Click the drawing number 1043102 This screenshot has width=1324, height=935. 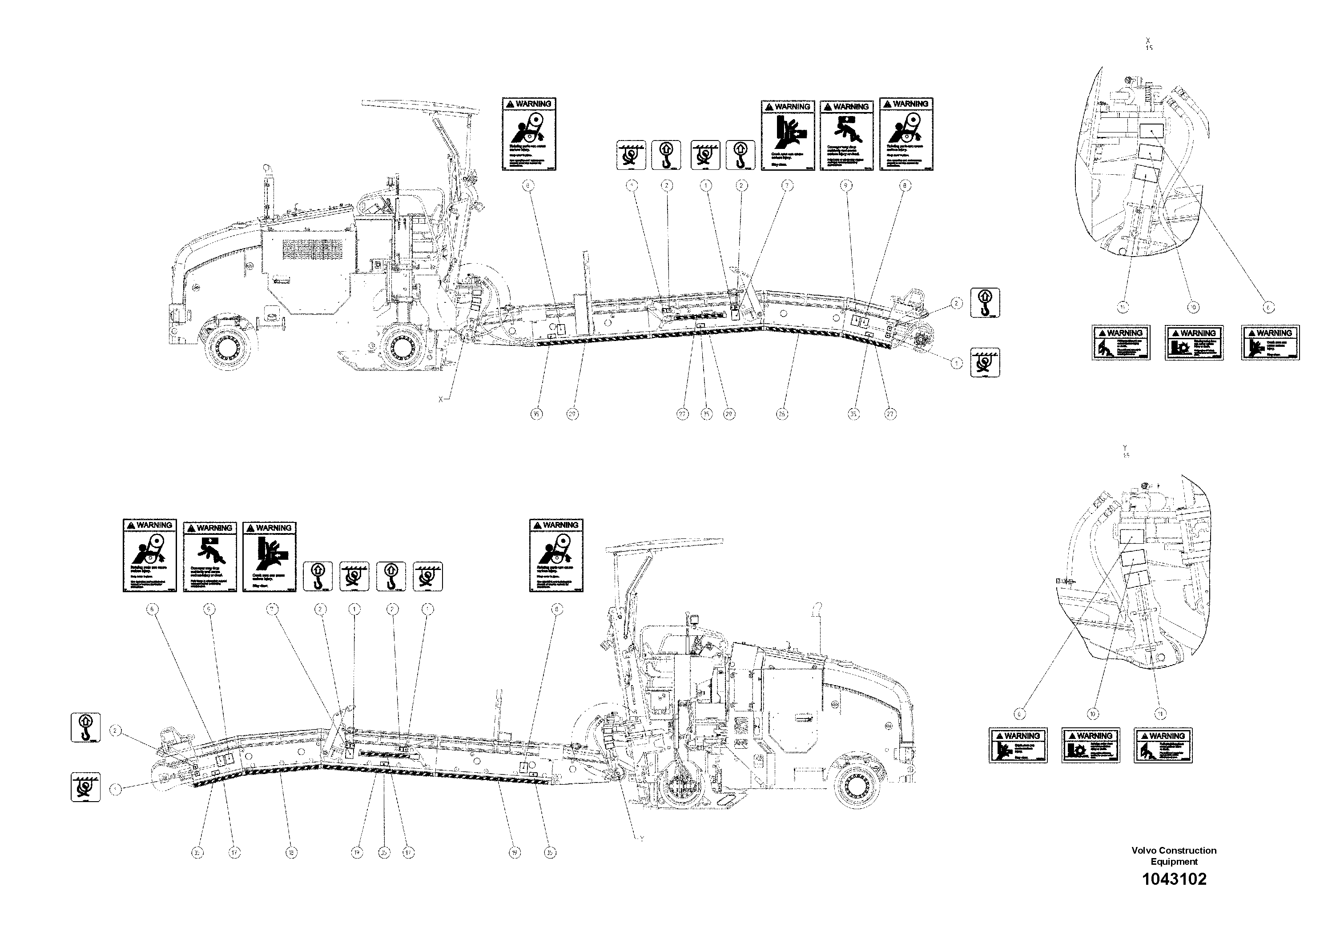click(x=1174, y=879)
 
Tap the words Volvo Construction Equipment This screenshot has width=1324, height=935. click(x=1174, y=855)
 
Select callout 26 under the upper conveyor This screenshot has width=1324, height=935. click(x=782, y=414)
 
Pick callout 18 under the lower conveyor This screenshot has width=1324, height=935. click(x=291, y=853)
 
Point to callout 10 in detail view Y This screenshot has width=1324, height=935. click(x=1092, y=714)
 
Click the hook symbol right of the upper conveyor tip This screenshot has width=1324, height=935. click(x=985, y=303)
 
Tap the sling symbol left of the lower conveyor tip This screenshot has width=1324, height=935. click(x=85, y=787)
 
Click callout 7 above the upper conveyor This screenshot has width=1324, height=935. click(x=787, y=185)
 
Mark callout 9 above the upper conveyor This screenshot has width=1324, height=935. click(x=846, y=185)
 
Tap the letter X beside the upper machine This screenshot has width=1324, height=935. click(x=441, y=399)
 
